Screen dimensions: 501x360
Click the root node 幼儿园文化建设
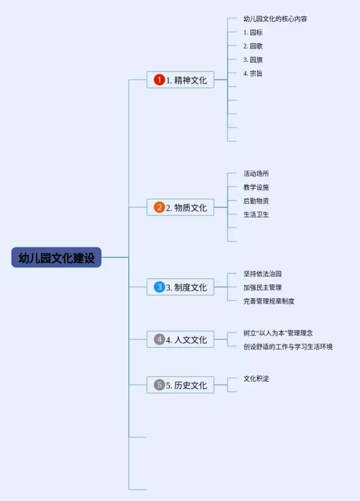click(x=56, y=257)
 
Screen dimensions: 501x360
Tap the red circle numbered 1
click(x=160, y=80)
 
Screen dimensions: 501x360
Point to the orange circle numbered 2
click(x=160, y=207)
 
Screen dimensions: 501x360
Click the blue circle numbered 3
click(x=160, y=287)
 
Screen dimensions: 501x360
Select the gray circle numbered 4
click(x=160, y=339)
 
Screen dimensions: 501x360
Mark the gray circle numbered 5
click(x=160, y=385)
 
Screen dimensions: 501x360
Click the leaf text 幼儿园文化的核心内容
click(x=275, y=19)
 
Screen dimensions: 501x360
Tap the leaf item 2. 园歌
click(x=253, y=46)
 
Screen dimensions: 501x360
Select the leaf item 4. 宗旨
click(x=253, y=73)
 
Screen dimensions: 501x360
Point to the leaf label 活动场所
click(x=256, y=173)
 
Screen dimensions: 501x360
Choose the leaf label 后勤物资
click(x=256, y=201)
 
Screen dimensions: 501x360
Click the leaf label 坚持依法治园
click(x=262, y=274)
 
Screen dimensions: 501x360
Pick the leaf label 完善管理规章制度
click(x=268, y=301)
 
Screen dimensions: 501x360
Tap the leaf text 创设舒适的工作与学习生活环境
click(x=287, y=347)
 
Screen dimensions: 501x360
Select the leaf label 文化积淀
click(x=256, y=378)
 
